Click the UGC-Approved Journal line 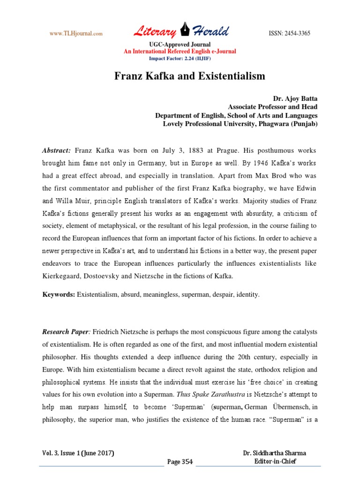click(x=180, y=45)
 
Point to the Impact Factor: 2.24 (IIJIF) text click(x=180, y=58)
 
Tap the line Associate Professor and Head click(x=272, y=107)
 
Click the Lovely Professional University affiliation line click(x=240, y=124)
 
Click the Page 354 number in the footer click(x=180, y=462)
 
